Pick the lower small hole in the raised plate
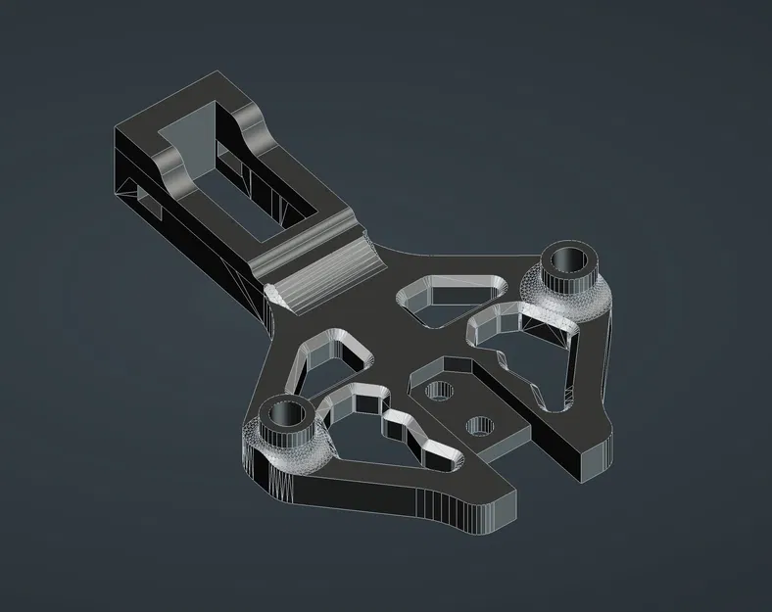pyautogui.click(x=480, y=426)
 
